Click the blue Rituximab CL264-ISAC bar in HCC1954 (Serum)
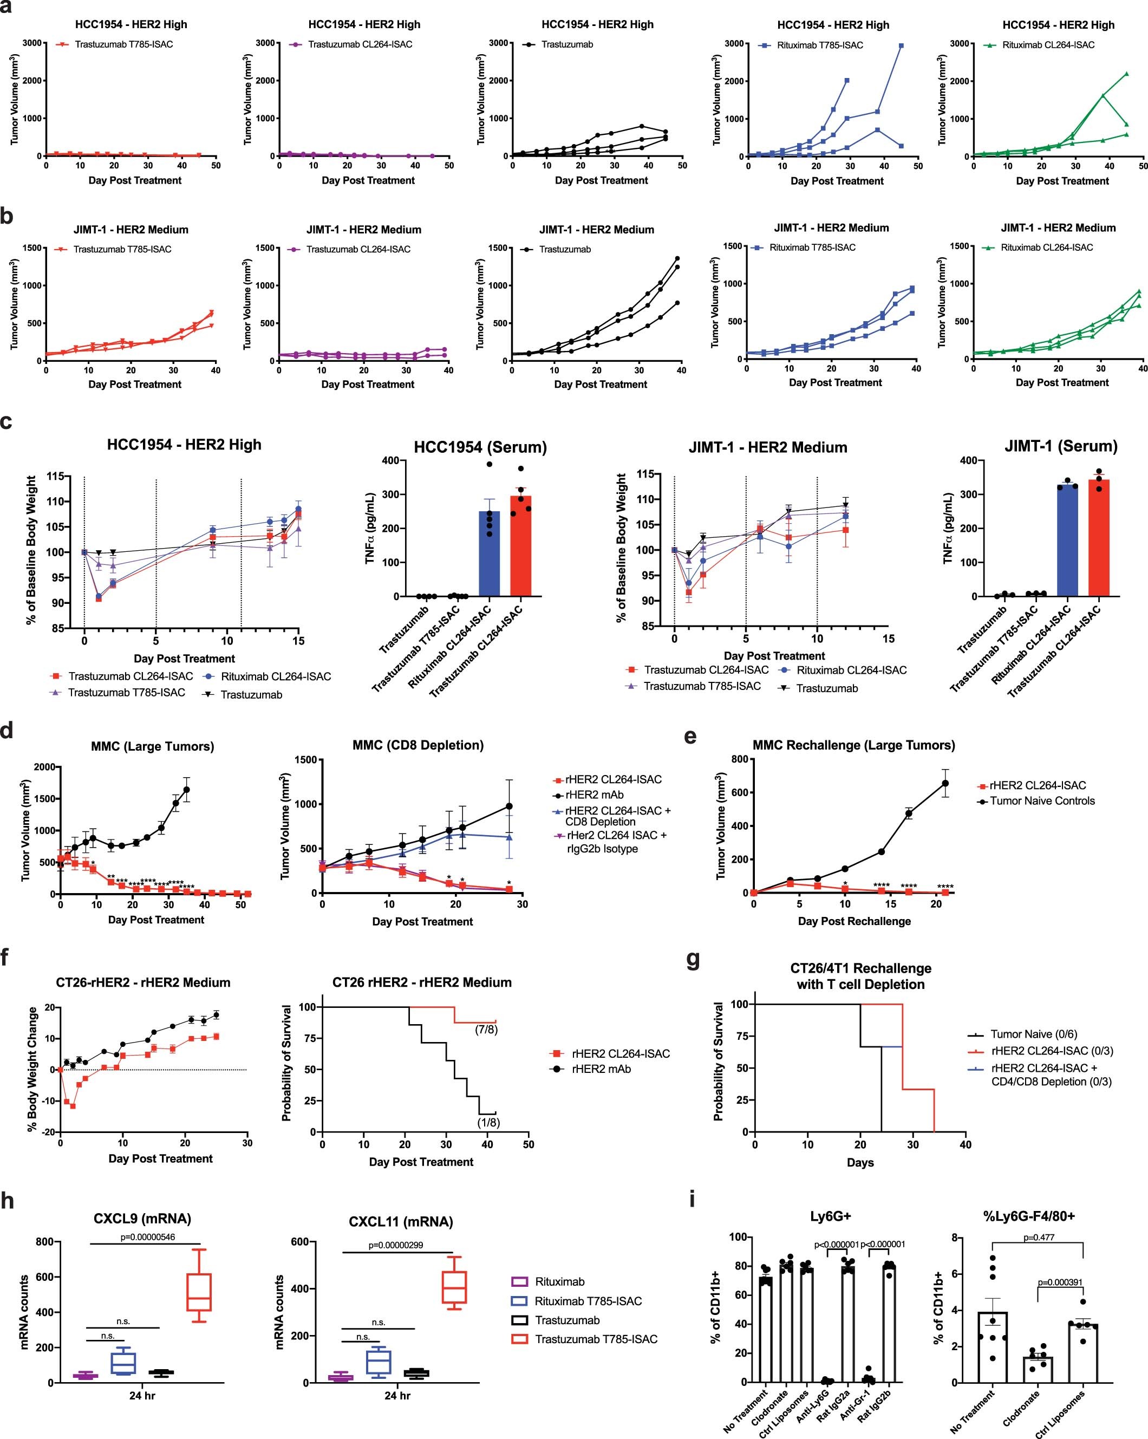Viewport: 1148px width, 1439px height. (489, 554)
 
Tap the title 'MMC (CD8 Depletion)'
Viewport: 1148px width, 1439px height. (418, 745)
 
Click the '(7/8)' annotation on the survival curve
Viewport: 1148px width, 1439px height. (486, 1029)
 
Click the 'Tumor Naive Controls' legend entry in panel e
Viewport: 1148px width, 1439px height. (1042, 801)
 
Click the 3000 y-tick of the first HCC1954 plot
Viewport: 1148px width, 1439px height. (32, 43)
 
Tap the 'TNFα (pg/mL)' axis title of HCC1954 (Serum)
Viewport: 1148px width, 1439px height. (370, 528)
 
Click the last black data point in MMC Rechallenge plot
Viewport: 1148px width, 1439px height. (945, 783)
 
